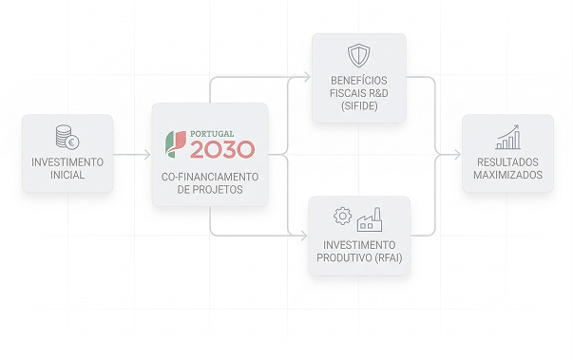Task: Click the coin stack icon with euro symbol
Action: tap(67, 138)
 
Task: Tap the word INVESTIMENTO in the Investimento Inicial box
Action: tap(67, 162)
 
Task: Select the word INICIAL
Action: tap(67, 175)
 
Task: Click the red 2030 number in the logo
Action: tap(222, 149)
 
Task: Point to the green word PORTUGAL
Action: tap(212, 134)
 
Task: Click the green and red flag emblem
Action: tap(176, 144)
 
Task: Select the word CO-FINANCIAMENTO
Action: tap(210, 177)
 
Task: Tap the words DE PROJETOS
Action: tap(210, 190)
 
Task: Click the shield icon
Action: tap(358, 55)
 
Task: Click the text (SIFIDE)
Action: tap(359, 105)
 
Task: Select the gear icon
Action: tap(342, 217)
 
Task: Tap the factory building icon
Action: tap(370, 219)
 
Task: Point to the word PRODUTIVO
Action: tap(339, 257)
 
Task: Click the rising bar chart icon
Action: tap(507, 137)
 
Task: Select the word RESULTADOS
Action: tap(507, 162)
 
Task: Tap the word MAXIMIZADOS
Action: tap(507, 175)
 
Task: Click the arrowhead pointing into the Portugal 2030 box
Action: tap(147, 155)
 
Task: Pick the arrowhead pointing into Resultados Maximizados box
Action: tap(457, 155)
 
